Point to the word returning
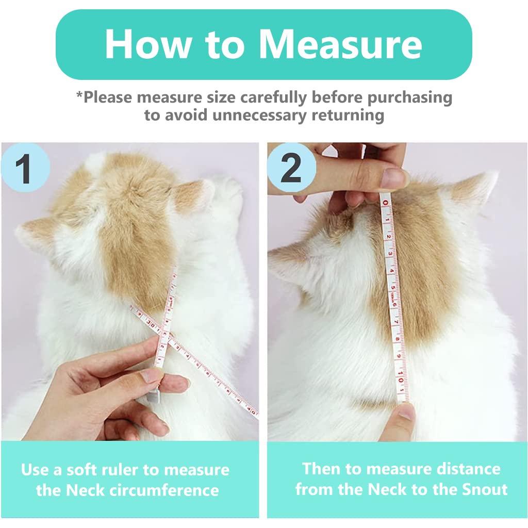click(348, 114)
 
